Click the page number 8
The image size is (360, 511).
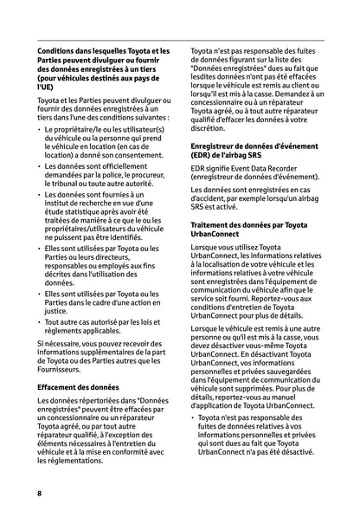39,492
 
